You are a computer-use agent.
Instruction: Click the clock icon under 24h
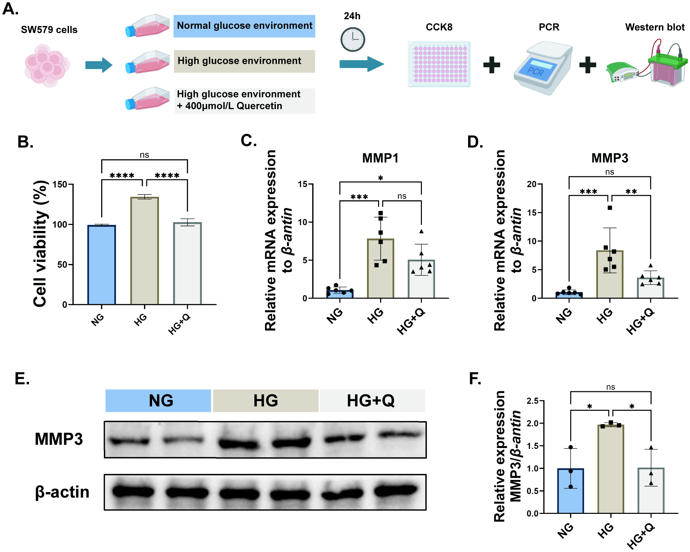(x=352, y=40)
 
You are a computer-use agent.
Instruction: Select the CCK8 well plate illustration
(x=439, y=64)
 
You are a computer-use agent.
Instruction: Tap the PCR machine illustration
(x=543, y=68)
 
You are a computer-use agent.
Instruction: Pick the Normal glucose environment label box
(x=244, y=26)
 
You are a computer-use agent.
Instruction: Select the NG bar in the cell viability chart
(x=102, y=265)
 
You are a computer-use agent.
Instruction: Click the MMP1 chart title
(x=380, y=158)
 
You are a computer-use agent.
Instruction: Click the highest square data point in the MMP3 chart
(x=610, y=208)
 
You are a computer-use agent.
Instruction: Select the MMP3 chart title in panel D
(x=610, y=158)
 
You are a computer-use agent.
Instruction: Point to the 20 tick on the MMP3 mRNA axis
(x=532, y=184)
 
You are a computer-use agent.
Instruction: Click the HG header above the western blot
(x=266, y=401)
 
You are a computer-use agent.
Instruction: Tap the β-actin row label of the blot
(x=62, y=492)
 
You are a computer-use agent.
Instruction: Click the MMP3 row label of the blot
(x=59, y=439)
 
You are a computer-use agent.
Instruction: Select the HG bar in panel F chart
(x=611, y=469)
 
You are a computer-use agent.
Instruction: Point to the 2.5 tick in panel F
(x=533, y=401)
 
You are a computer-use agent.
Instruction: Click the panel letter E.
(x=22, y=378)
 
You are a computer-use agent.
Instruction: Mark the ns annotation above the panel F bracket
(x=610, y=387)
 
